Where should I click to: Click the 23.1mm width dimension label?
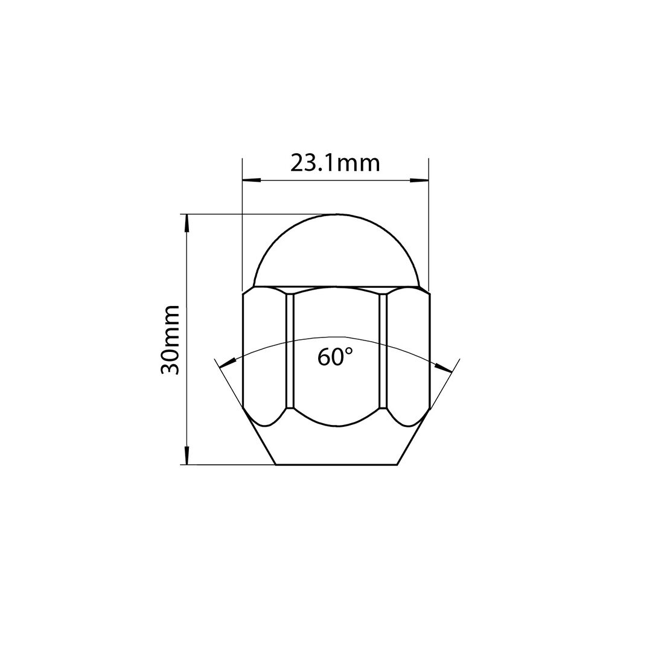335,163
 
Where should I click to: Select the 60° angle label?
335,357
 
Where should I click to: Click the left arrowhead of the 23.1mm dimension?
250,180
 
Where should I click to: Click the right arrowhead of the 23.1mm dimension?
420,180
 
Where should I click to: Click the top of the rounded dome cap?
337,214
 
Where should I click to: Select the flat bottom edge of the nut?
336,464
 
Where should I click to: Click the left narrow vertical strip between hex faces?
289,350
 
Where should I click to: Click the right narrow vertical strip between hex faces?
382,350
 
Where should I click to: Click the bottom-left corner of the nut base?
276,464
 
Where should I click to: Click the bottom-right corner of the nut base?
397,464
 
